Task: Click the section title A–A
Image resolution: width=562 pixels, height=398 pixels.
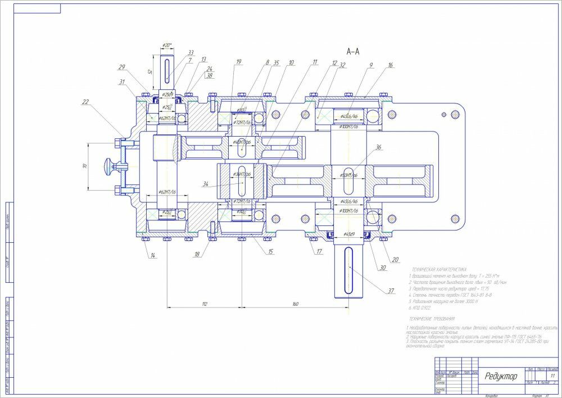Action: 353,52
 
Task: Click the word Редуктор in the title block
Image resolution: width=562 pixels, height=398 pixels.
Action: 501,376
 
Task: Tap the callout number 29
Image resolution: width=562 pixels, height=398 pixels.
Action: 121,67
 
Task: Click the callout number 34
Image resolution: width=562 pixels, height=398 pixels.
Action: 206,183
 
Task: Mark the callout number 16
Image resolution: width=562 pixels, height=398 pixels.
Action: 391,65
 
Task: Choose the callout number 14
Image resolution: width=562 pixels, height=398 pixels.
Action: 152,256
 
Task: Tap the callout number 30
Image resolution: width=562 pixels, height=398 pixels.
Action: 383,268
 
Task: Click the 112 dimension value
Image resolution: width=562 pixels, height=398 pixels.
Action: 205,304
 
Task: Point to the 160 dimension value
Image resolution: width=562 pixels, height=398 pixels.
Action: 296,304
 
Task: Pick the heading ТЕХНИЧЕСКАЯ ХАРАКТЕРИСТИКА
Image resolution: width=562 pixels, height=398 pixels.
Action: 438,270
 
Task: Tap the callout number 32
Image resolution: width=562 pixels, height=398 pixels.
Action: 342,65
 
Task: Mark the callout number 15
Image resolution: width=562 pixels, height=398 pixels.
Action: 271,251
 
